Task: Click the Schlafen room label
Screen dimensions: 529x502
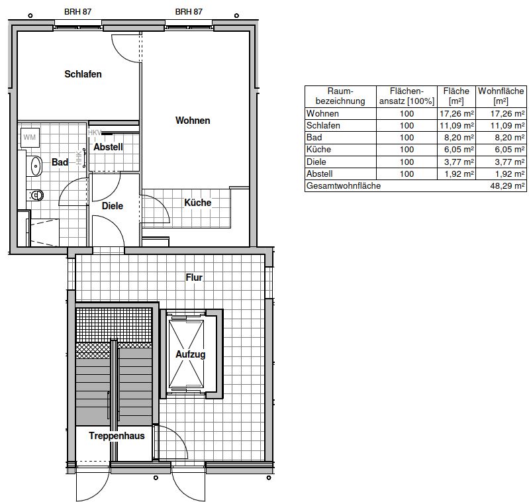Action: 83,74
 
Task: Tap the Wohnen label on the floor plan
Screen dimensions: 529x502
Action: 193,121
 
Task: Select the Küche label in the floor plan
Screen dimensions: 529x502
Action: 198,203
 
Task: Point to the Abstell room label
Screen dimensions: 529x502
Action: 109,147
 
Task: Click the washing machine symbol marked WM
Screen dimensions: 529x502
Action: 30,137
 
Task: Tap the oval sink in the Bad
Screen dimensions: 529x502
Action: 36,166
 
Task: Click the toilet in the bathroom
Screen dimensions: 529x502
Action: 36,195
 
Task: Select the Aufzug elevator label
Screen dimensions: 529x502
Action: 191,354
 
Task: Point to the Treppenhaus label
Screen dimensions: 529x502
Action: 117,436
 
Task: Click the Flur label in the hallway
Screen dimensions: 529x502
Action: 194,277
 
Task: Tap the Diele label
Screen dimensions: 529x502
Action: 113,206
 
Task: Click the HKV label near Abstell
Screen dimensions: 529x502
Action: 95,132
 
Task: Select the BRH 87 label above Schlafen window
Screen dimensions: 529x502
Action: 77,12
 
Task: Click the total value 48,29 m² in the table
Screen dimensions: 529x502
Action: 507,186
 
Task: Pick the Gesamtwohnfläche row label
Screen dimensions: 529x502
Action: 344,186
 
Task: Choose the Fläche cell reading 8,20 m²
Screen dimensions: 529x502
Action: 459,138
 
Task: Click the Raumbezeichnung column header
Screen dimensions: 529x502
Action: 340,96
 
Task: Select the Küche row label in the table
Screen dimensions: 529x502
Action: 318,150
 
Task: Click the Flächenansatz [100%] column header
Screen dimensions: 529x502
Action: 407,96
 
